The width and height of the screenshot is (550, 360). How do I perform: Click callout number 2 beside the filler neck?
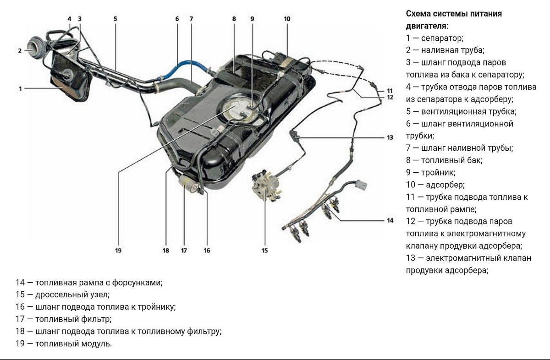point(20,51)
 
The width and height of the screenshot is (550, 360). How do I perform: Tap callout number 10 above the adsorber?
point(287,19)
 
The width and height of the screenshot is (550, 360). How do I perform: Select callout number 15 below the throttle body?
point(265,251)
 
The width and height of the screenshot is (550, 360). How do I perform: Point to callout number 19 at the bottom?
point(118,251)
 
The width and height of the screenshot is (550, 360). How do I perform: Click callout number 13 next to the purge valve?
point(390,137)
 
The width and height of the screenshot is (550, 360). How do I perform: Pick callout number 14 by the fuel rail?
point(390,220)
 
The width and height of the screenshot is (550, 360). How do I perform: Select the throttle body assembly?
point(265,186)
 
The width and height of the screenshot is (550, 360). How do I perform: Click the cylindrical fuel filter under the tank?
point(188,185)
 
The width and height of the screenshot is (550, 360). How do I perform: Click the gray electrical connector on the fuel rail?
point(362,185)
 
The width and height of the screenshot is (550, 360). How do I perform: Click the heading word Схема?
point(421,14)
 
